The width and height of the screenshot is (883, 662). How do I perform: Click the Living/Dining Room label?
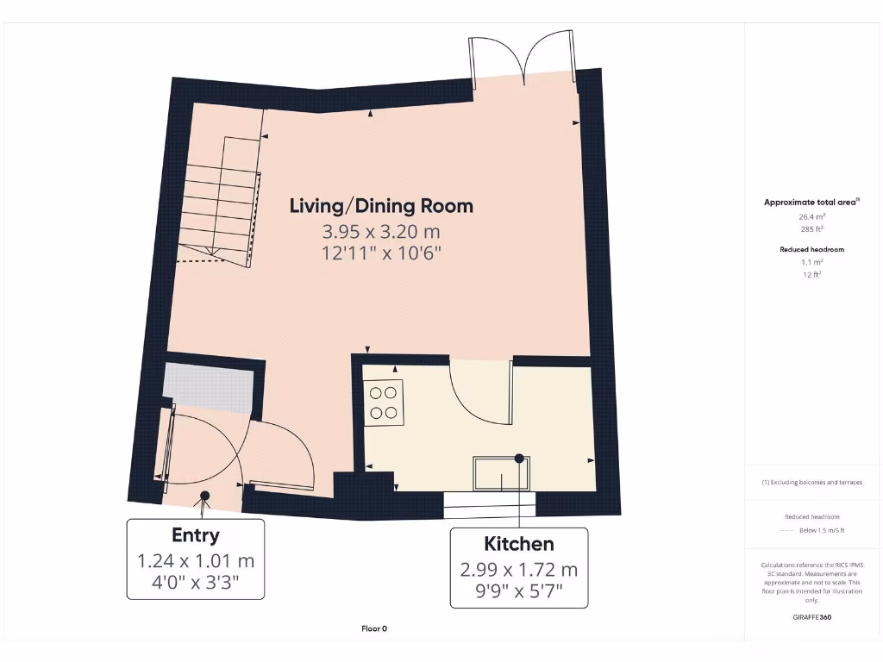381,206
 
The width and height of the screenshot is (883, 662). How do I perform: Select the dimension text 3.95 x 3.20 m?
381,231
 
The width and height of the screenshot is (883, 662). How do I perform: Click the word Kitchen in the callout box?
518,544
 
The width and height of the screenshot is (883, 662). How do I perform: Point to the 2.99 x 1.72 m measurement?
518,569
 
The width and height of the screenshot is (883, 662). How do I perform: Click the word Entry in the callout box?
195,535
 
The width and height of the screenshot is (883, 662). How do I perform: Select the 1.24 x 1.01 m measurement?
195,561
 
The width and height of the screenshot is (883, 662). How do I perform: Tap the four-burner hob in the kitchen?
385,403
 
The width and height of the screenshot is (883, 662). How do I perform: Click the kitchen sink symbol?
501,473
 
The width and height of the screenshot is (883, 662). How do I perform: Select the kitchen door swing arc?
479,393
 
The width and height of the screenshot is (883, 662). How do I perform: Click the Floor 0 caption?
374,628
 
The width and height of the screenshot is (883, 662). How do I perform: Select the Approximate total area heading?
811,202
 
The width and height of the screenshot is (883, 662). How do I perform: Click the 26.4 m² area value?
811,217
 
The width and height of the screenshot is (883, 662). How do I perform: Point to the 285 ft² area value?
811,229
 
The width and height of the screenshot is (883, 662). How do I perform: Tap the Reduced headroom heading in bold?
811,249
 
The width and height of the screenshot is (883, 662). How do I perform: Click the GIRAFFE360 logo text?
811,617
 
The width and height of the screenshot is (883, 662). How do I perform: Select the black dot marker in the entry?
205,496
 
